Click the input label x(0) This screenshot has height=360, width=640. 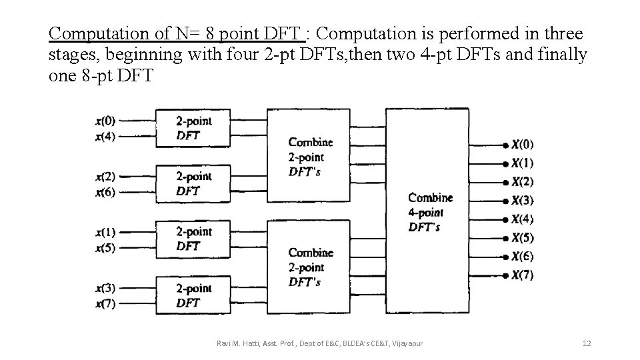(105, 121)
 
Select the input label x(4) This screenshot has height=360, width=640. (105, 136)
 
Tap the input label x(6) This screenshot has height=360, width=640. (105, 192)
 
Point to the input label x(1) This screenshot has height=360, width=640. (105, 233)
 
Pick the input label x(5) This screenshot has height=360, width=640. (105, 247)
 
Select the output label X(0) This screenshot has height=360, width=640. (523, 145)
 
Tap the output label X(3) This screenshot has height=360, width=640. (523, 201)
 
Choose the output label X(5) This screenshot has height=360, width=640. (523, 238)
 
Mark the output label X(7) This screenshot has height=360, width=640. (523, 275)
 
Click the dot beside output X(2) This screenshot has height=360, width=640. (507, 182)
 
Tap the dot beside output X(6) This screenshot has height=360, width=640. (507, 257)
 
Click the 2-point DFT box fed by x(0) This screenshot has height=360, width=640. (194, 128)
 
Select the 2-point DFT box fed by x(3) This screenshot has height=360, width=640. (194, 295)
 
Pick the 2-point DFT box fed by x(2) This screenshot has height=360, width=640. (194, 183)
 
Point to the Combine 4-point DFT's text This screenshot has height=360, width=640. (430, 212)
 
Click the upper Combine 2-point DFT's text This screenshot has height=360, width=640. (311, 157)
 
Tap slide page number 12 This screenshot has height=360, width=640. (587, 343)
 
